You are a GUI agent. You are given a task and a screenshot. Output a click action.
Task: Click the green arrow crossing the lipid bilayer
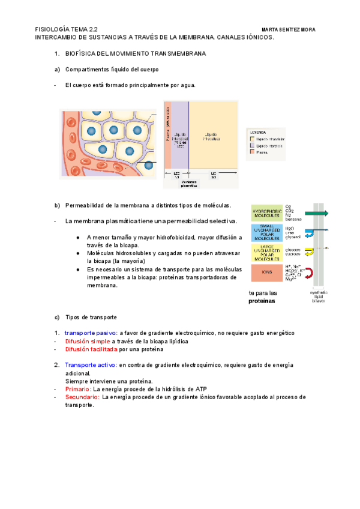316,213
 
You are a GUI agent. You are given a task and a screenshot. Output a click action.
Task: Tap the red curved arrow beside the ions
310,273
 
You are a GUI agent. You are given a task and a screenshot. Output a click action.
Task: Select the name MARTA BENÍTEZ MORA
289,29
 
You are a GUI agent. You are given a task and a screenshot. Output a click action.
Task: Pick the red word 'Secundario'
82,397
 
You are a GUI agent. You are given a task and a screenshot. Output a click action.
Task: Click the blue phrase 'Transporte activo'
91,365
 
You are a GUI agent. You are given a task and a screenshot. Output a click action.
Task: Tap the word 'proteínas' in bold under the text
262,301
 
